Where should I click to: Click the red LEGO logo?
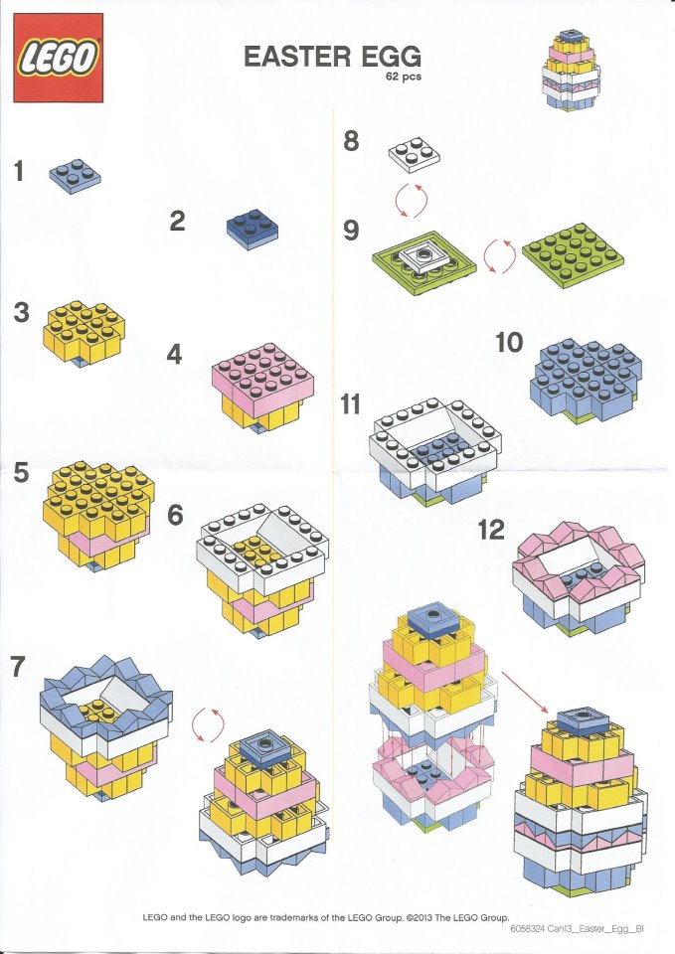[59, 58]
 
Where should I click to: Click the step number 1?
[19, 171]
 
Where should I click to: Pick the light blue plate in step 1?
[75, 176]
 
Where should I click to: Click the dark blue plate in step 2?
[252, 228]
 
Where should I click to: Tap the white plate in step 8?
[414, 155]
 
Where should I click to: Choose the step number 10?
[509, 343]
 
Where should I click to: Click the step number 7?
[18, 668]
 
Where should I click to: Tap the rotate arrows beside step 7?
[214, 722]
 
